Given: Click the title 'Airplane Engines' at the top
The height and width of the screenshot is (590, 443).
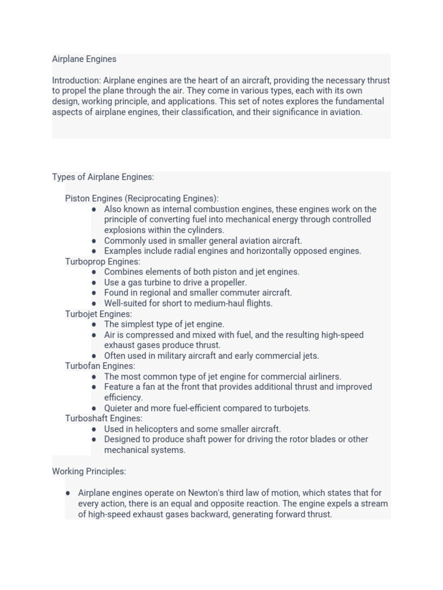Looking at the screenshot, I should tap(84, 59).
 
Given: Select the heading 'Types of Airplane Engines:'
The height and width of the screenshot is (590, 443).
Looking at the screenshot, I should tap(103, 177).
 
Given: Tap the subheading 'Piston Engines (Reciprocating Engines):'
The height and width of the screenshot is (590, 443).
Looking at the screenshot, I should tap(142, 199).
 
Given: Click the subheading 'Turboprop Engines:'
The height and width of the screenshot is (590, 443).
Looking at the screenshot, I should tap(103, 262).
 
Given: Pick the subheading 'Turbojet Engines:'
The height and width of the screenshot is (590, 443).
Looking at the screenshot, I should tap(99, 314).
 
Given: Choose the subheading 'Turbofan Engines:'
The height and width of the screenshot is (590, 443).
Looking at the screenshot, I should tap(100, 366).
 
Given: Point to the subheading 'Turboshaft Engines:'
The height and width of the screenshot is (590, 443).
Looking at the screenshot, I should tap(104, 418).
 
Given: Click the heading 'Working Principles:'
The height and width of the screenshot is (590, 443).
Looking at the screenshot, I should tap(89, 471).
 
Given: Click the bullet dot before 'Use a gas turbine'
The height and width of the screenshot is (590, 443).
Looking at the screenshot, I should tap(94, 283).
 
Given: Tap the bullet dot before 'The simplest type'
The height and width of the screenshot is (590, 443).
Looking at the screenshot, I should tap(94, 324).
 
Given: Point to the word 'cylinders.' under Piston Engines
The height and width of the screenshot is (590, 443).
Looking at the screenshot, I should tap(203, 230).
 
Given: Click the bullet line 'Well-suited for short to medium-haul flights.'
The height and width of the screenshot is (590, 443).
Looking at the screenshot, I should tap(188, 304).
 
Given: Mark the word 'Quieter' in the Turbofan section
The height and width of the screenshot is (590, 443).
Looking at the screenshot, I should tap(118, 409).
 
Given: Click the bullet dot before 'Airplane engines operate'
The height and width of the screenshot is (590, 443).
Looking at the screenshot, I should tap(68, 493).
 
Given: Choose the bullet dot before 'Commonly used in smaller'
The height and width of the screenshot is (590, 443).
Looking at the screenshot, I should tap(94, 241).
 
